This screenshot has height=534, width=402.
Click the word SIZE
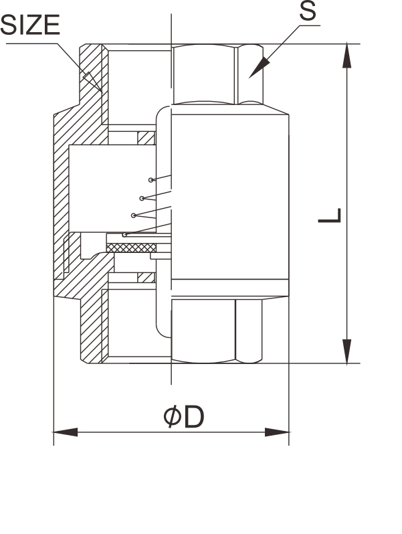tap(30, 25)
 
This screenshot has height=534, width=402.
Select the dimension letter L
tap(330, 216)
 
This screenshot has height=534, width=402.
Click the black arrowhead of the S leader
tap(260, 66)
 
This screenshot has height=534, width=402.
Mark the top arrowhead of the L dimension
tap(346, 56)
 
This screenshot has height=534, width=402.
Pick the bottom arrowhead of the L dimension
tap(346, 351)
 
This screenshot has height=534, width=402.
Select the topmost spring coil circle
tap(153, 180)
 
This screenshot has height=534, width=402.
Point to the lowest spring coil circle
tap(124, 234)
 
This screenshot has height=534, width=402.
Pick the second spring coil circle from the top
tap(142, 197)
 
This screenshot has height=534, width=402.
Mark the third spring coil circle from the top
tap(134, 215)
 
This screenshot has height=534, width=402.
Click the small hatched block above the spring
tap(145, 139)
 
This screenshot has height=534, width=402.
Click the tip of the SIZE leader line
tap(101, 90)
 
